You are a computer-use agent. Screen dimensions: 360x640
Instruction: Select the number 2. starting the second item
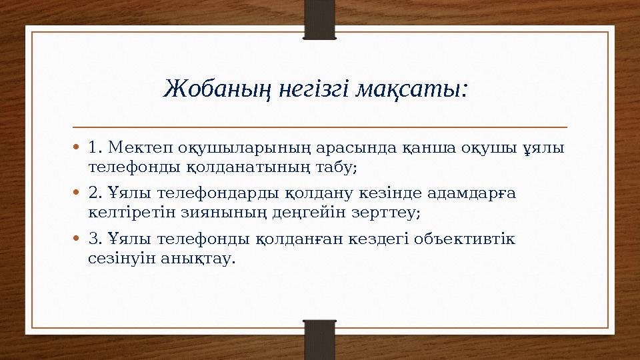coord(95,193)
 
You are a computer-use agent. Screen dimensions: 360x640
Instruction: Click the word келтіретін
coord(128,213)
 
